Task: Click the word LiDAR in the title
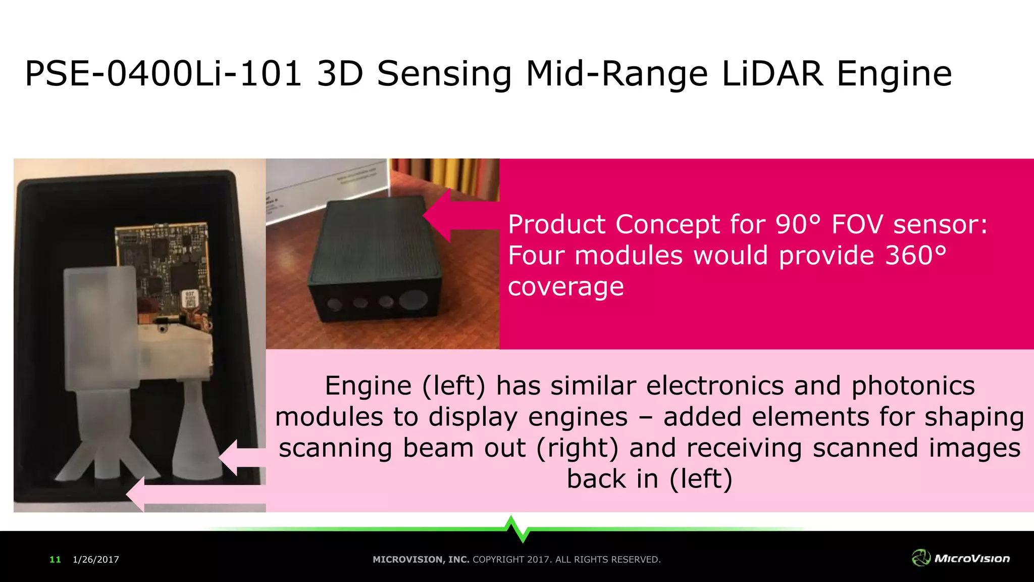point(773,74)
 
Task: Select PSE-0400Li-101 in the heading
point(163,74)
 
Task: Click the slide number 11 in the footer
point(55,559)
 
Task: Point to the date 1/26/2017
point(96,559)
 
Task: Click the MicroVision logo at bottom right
point(960,558)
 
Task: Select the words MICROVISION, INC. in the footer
point(421,559)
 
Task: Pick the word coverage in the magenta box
point(565,287)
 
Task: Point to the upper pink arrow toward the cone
point(240,457)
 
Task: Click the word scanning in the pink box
point(335,448)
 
